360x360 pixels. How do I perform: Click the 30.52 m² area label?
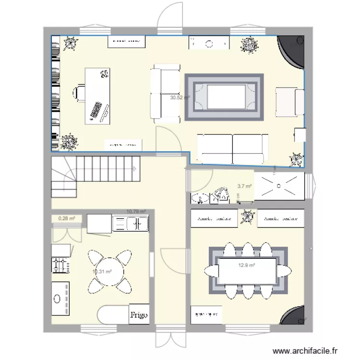coord(180,97)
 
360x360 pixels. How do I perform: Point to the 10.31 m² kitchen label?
coord(102,272)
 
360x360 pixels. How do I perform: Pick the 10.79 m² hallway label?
coord(136,211)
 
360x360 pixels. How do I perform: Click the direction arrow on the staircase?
coord(136,168)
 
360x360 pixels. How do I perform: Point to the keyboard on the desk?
coord(96,111)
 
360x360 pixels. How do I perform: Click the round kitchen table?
coord(109,271)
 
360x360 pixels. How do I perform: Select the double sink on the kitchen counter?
coord(130,223)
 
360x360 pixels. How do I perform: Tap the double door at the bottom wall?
coord(171,341)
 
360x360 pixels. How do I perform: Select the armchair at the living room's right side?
coord(289,102)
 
